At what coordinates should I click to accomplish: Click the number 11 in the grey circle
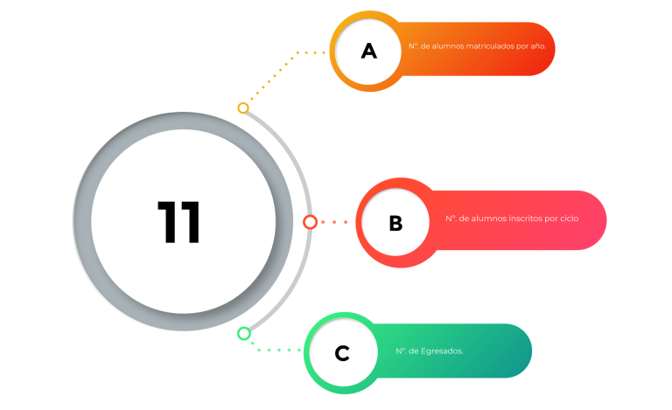coord(178,222)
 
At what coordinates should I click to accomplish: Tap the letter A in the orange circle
coord(369,51)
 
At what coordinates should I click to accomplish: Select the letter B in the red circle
coord(395,223)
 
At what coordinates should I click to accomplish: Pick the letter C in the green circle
coord(342,353)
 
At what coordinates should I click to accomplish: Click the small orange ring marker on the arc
coord(243,108)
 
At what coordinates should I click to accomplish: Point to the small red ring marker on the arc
coord(310,222)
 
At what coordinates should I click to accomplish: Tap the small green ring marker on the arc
coord(244,333)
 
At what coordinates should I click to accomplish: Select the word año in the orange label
coord(538,46)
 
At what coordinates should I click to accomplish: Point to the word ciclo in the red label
coord(569,219)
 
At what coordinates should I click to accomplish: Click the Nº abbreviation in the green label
coord(401,351)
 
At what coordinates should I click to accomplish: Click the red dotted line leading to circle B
coord(334,222)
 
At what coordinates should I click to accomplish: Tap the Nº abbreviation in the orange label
coord(414,46)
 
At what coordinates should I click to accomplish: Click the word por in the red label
coord(551,219)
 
